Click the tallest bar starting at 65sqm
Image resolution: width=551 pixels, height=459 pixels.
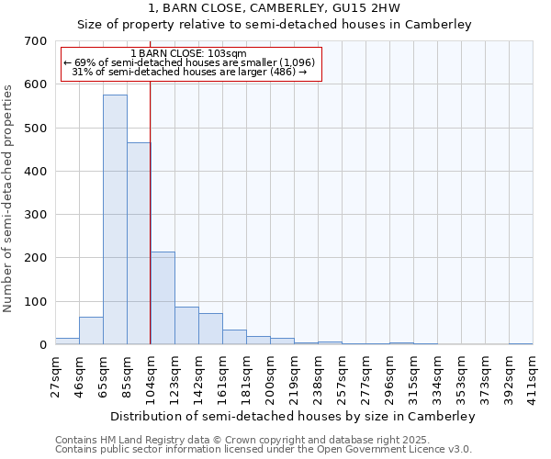[x=115, y=219]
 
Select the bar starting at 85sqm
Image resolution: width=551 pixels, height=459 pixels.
[x=139, y=243]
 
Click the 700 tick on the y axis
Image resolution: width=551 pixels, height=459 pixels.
[x=35, y=41]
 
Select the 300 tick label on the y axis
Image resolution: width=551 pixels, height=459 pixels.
[x=35, y=215]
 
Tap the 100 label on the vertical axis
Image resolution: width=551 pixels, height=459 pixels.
[x=35, y=302]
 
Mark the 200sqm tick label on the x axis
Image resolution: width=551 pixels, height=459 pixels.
[x=270, y=371]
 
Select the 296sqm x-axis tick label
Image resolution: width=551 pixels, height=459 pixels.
[x=389, y=371]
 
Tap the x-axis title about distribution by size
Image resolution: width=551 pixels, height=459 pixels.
[x=293, y=416]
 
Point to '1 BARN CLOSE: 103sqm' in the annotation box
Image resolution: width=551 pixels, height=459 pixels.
[x=189, y=54]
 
